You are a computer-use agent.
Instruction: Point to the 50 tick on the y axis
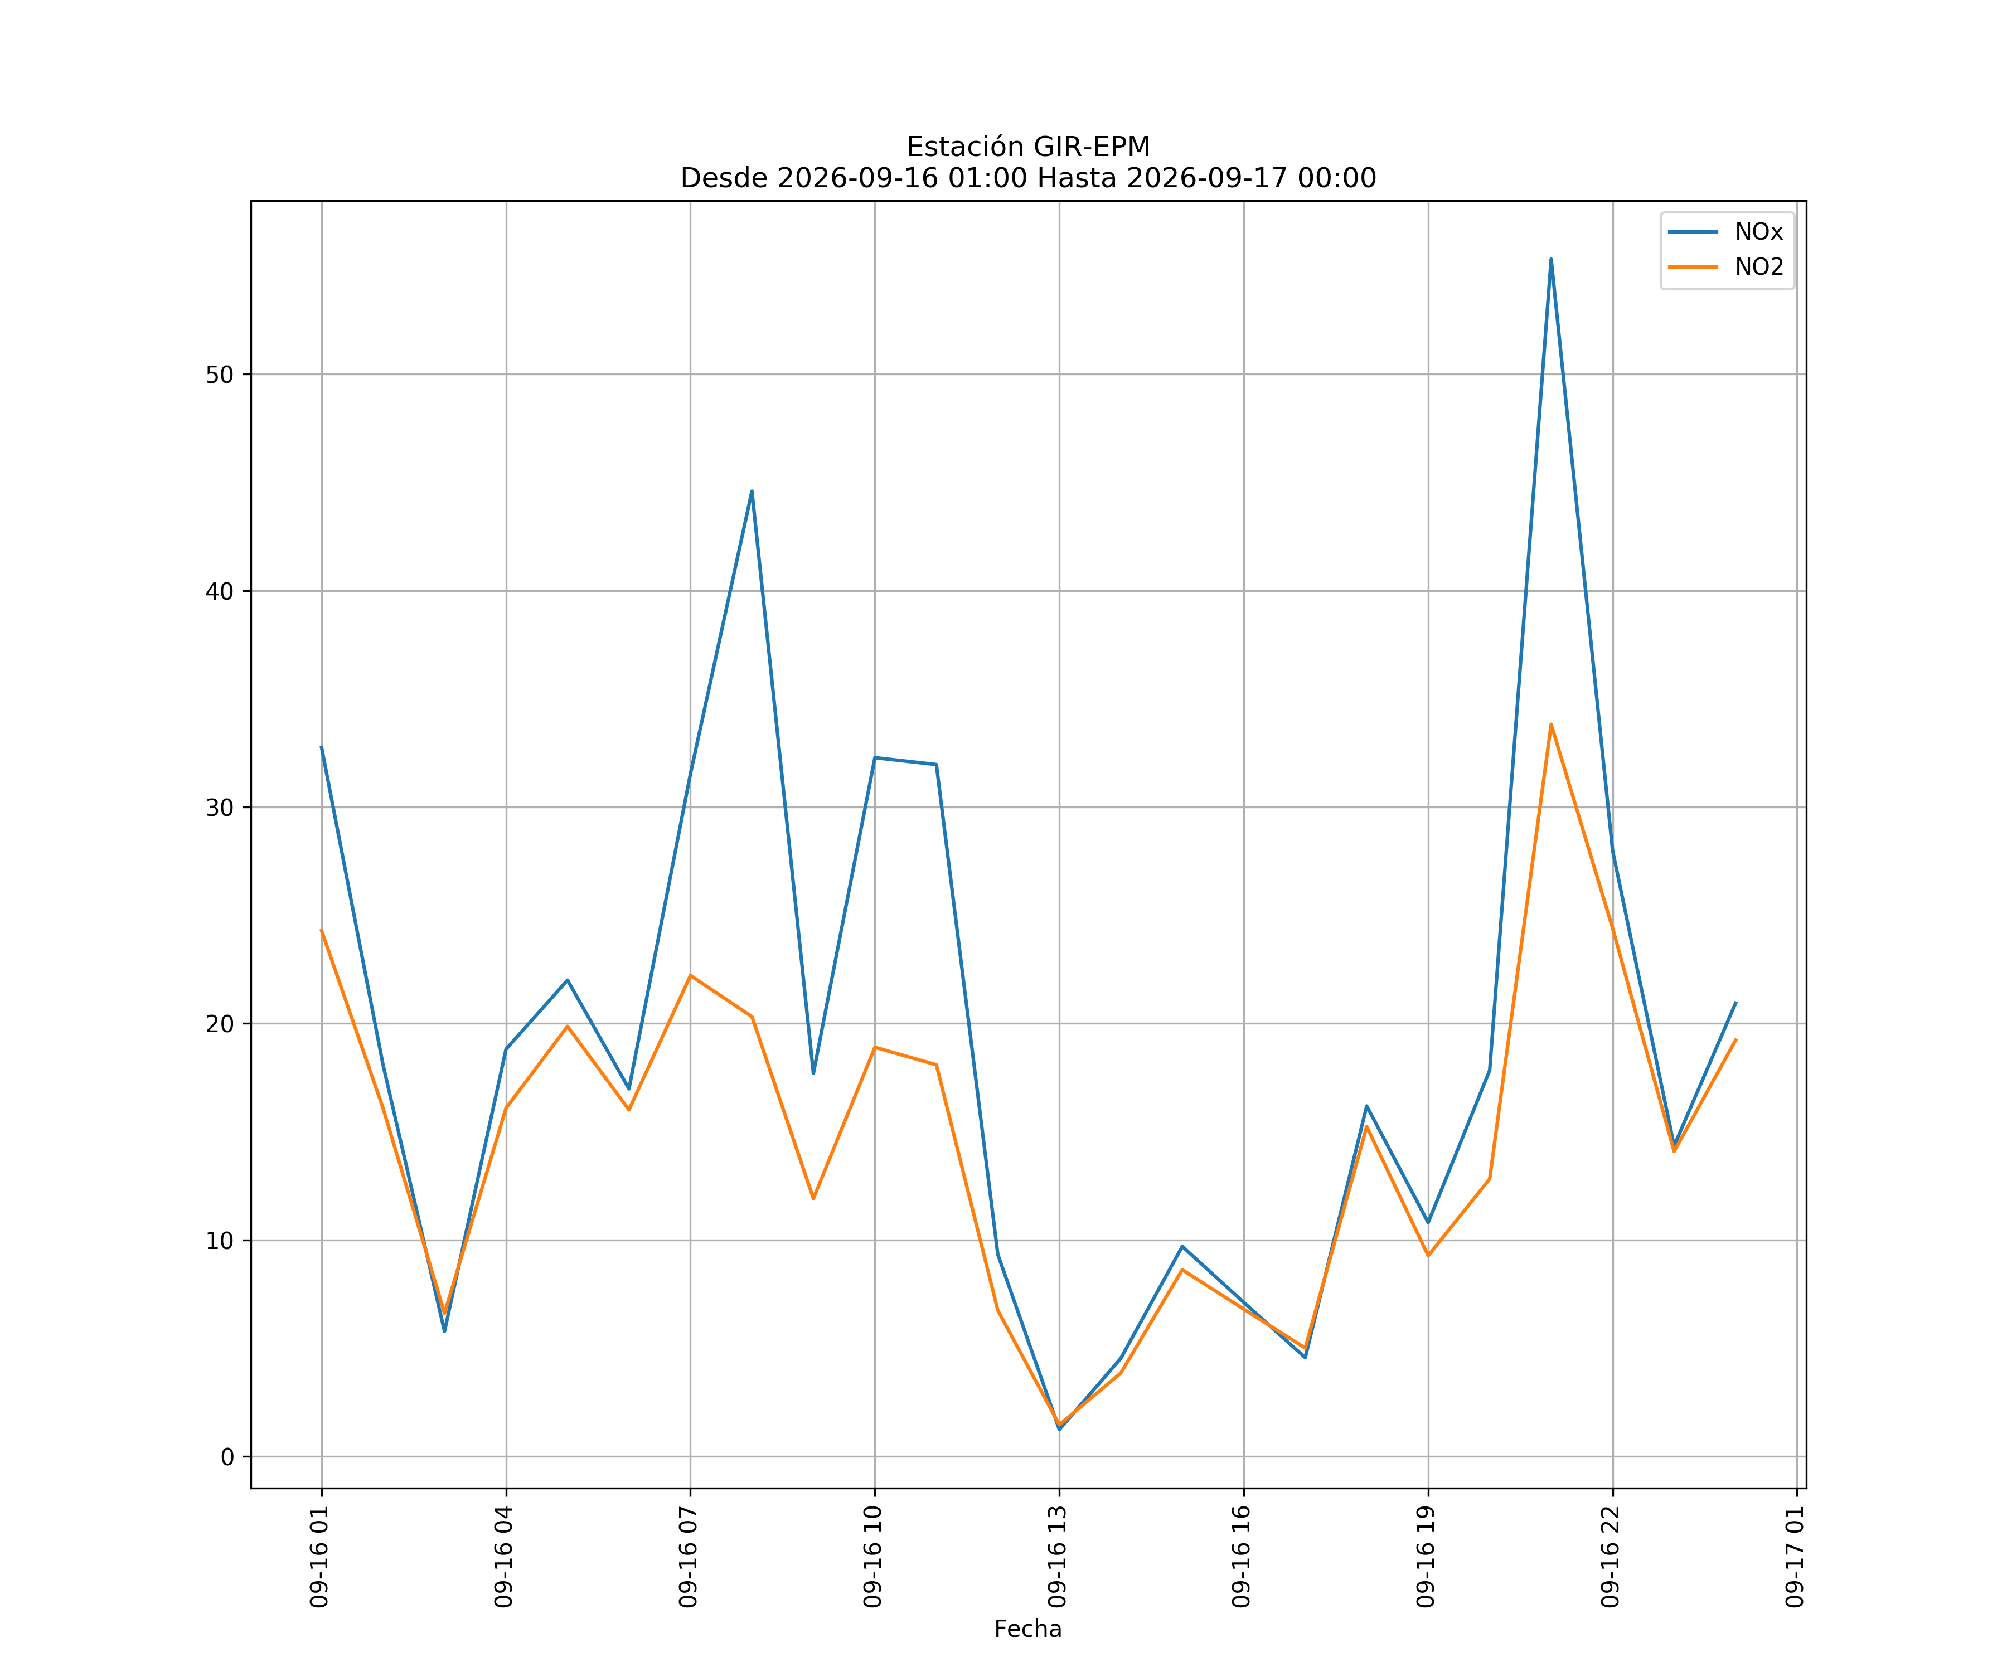click(x=220, y=375)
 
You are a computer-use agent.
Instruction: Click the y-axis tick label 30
click(x=220, y=808)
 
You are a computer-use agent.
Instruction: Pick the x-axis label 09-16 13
click(x=1058, y=1557)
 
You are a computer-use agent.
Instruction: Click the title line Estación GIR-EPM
click(x=1029, y=147)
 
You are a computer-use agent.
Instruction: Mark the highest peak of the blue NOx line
click(x=1551, y=259)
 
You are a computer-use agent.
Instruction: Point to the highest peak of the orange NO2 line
click(x=1551, y=724)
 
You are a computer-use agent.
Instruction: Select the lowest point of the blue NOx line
click(x=1059, y=1430)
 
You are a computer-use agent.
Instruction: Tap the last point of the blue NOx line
click(x=1735, y=1002)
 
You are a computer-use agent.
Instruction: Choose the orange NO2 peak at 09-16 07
click(x=690, y=975)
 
